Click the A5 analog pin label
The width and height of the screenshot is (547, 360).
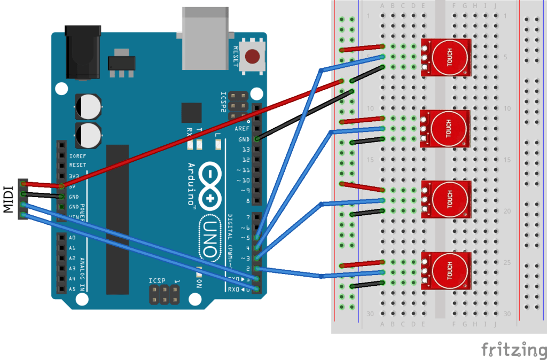click(72, 289)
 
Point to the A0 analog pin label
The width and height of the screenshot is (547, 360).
click(72, 238)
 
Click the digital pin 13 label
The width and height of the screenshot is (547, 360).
click(246, 150)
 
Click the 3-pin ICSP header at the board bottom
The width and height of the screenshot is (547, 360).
click(164, 293)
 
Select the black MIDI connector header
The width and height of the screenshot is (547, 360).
click(22, 199)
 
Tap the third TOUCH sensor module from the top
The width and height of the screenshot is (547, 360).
click(446, 199)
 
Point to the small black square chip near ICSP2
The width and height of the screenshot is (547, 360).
click(191, 113)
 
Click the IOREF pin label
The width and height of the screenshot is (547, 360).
click(78, 155)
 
